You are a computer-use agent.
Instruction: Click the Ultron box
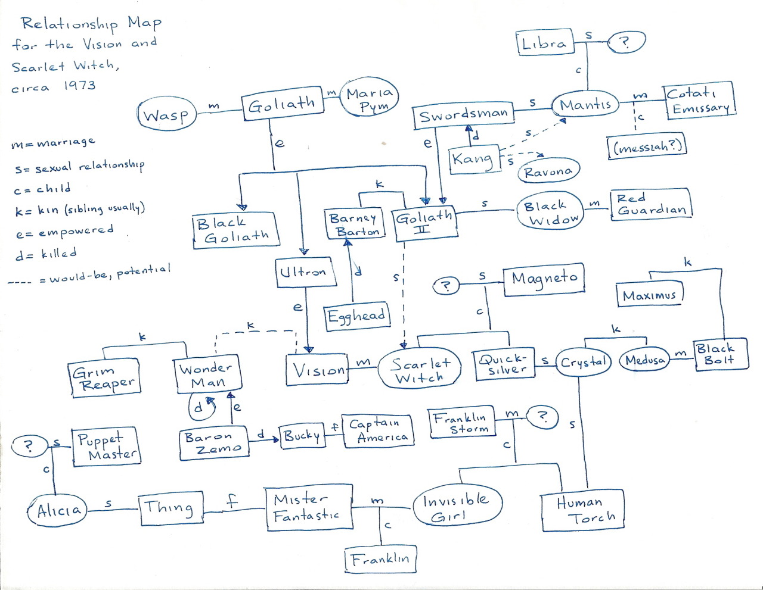pos(306,273)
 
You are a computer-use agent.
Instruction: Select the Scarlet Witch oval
pos(419,368)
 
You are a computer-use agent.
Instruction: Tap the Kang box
pos(474,159)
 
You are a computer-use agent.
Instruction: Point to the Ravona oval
pos(549,171)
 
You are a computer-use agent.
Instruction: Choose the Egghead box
pos(356,316)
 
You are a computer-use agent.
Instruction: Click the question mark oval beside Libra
pos(626,42)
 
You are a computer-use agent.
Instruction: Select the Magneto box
pos(544,279)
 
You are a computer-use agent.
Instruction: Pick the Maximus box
pos(650,294)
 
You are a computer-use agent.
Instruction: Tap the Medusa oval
pos(644,360)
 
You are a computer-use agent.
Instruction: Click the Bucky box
pos(302,436)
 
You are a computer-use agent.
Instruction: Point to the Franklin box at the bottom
pos(380,559)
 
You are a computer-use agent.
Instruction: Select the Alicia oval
pos(57,510)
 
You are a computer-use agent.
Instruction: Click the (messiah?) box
pos(647,146)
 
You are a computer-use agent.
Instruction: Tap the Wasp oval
pos(167,114)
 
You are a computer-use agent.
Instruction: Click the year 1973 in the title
pos(79,85)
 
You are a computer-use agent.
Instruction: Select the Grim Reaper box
pos(104,378)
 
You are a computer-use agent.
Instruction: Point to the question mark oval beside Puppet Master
pos(29,446)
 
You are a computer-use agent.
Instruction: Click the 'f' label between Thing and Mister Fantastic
pos(232,502)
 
